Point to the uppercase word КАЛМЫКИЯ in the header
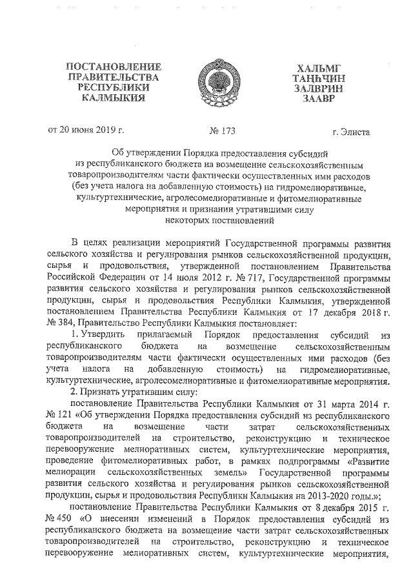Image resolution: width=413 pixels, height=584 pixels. [x=114, y=99]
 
